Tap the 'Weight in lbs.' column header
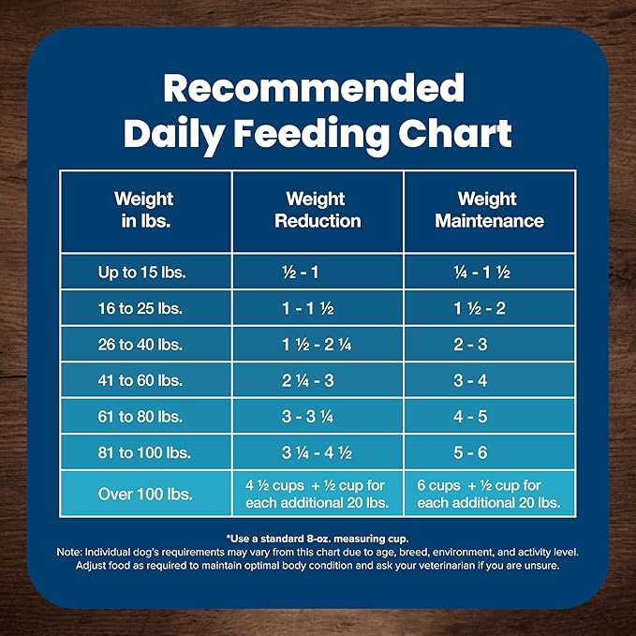(143, 210)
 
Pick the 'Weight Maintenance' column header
(487, 210)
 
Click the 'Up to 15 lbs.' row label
(142, 273)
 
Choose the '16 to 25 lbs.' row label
(142, 308)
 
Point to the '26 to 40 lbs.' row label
(142, 344)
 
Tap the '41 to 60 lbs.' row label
(142, 380)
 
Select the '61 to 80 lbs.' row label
(142, 416)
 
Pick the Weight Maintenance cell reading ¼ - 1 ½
(481, 273)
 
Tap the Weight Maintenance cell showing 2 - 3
(470, 344)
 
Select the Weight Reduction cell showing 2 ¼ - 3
(300, 380)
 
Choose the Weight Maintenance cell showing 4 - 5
(470, 416)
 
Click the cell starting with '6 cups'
(488, 494)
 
